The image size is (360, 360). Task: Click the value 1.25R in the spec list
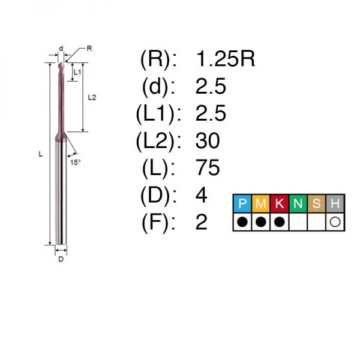(226, 59)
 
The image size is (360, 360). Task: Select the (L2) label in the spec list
(158, 141)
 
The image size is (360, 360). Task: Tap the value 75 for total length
(208, 167)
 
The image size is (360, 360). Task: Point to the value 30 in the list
(208, 140)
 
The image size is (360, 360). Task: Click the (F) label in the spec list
(158, 222)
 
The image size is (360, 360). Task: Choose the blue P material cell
(242, 203)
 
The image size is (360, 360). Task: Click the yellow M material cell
(261, 203)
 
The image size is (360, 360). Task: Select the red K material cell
(280, 203)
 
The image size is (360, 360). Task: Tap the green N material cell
(298, 203)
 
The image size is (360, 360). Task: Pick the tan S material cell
(317, 203)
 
